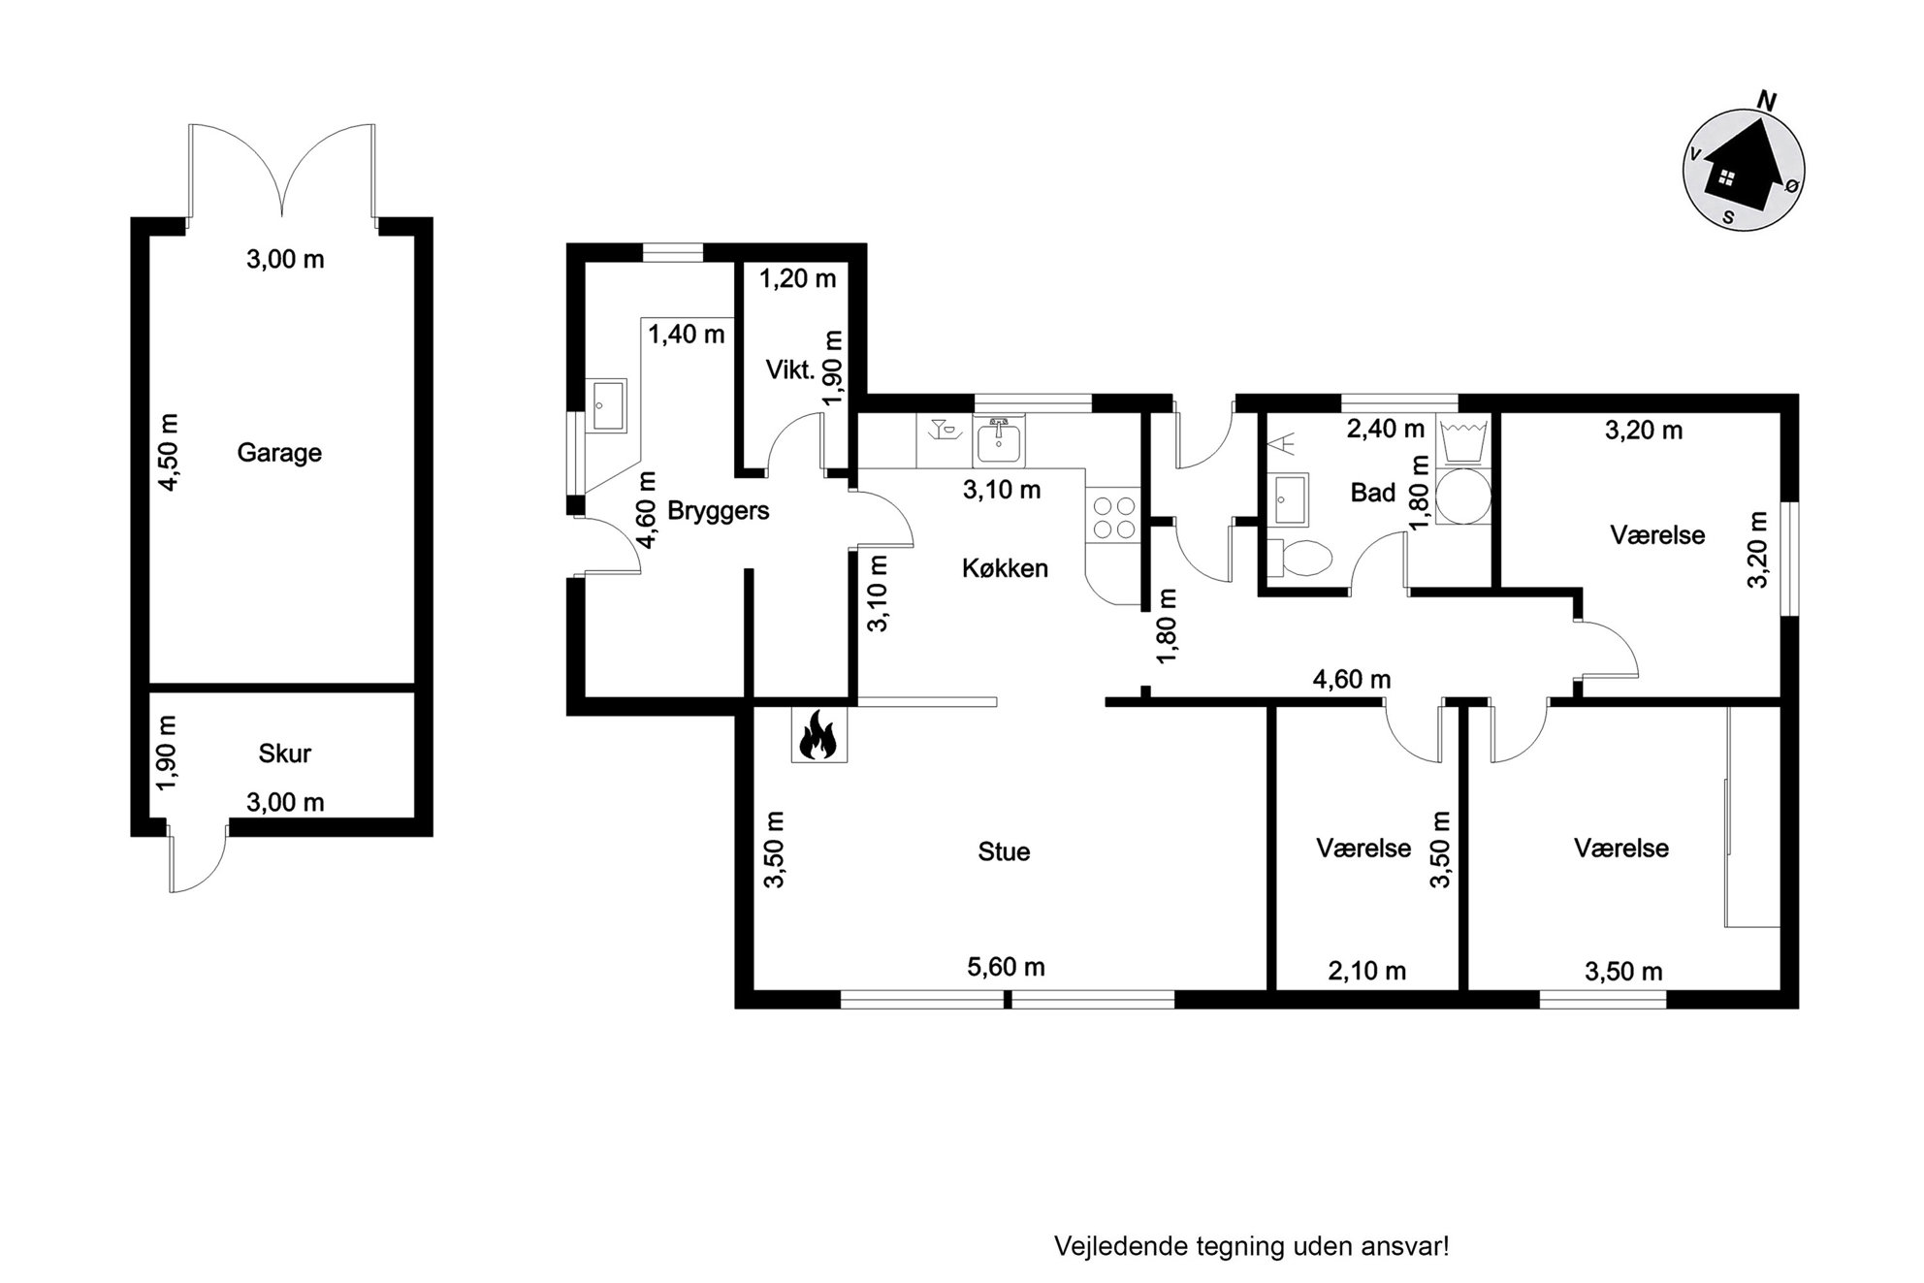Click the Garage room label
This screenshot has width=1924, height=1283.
[x=279, y=453]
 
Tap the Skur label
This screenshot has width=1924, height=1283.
[x=285, y=754]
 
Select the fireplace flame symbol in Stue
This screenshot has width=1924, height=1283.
[x=818, y=734]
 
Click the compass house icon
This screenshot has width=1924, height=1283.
[x=1743, y=168]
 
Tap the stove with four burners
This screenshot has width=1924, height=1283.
[x=1114, y=517]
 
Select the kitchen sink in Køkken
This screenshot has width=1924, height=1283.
[x=999, y=441]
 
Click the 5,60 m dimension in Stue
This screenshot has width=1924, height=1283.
[x=1006, y=967]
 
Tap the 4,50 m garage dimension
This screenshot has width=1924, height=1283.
[x=169, y=452]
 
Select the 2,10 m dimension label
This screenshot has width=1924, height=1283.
[x=1366, y=971]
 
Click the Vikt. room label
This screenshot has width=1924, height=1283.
[x=789, y=369]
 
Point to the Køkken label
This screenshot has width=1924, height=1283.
[x=1005, y=568]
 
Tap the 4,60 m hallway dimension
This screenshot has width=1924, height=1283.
[x=1352, y=680]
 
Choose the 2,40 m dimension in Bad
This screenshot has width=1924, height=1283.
[x=1386, y=428]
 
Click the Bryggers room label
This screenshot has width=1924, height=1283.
[x=719, y=511]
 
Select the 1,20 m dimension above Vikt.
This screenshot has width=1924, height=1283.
[x=797, y=279]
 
